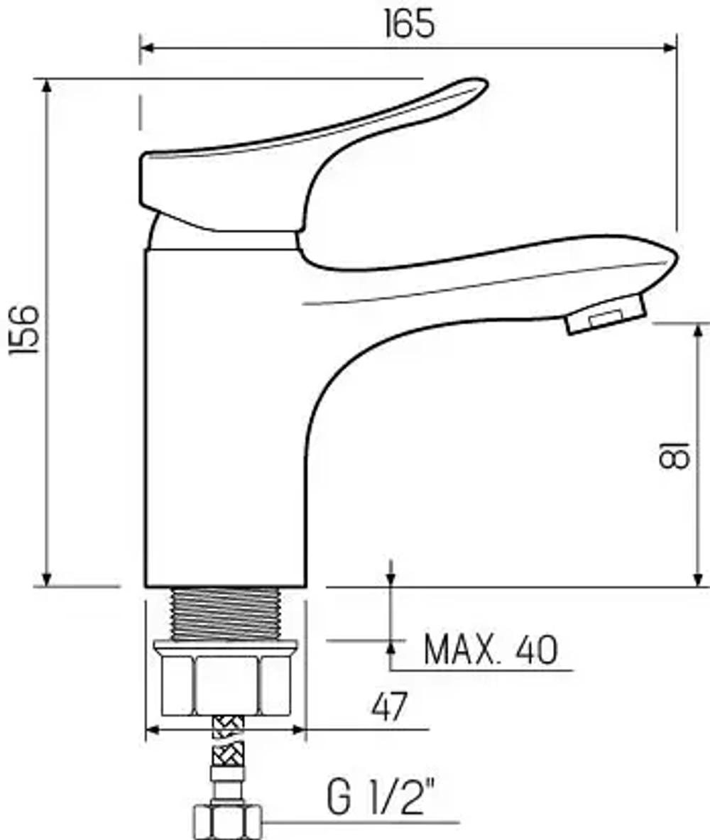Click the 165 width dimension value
coord(410,24)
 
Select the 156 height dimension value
coord(25,329)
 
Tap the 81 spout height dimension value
coord(674,455)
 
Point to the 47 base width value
coord(390,707)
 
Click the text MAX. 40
coord(491,650)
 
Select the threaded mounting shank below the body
coord(225,614)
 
